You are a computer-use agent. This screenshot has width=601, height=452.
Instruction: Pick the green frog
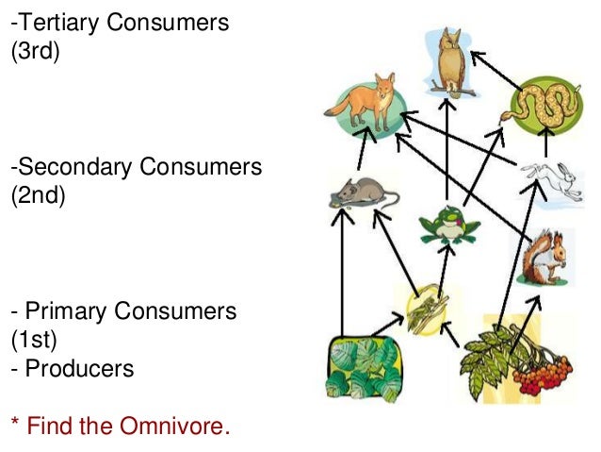(448, 225)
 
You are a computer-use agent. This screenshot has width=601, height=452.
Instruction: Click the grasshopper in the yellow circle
(427, 308)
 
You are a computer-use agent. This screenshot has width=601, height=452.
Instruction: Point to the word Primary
(61, 310)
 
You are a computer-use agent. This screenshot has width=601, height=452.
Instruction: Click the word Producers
(79, 368)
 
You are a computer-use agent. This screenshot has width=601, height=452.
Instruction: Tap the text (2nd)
(37, 197)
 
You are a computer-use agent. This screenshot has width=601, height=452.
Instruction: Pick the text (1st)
(33, 339)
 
